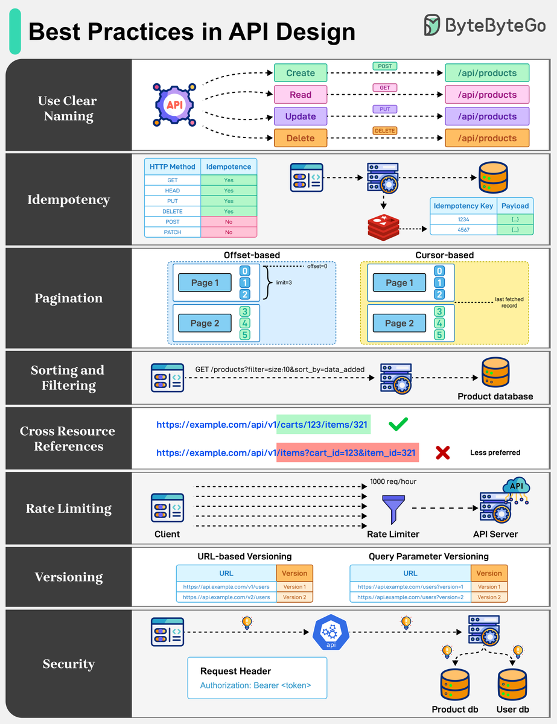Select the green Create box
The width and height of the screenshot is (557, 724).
pos(301,73)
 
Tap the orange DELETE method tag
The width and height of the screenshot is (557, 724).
pos(384,130)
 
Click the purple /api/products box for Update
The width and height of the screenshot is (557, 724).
pos(487,116)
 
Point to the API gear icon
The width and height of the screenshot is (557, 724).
pos(174,105)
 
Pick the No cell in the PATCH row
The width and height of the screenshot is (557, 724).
pos(229,232)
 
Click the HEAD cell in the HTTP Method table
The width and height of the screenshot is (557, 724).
pos(173,191)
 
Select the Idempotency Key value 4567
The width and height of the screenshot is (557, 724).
pos(463,230)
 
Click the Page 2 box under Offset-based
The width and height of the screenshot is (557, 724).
pos(205,323)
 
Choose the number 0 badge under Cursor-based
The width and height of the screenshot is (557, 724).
pos(440,271)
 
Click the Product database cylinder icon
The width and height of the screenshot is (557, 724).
pos(495,373)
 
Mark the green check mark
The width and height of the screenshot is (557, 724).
pos(398,424)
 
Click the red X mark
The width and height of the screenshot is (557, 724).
pos(442,453)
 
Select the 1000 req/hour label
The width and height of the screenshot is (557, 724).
pos(393,481)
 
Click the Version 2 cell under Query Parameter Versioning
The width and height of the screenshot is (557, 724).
pos(489,597)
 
